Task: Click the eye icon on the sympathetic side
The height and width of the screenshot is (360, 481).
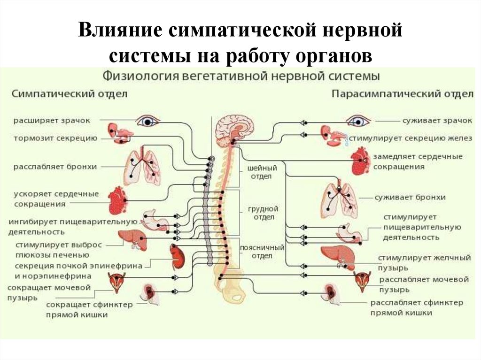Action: (x=148, y=121)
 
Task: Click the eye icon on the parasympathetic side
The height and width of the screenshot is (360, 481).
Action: (x=358, y=121)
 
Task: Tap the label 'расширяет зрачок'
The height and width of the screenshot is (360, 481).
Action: (x=52, y=120)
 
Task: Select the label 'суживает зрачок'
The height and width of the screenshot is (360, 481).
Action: (x=437, y=121)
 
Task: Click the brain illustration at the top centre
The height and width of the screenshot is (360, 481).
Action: (x=234, y=127)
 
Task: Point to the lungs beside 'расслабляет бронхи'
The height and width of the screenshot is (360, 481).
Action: (x=141, y=167)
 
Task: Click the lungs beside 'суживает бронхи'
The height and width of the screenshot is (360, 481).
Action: (x=339, y=199)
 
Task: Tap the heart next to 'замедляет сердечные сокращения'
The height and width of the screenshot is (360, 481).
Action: (x=361, y=161)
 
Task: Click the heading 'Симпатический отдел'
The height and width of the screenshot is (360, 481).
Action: (x=69, y=93)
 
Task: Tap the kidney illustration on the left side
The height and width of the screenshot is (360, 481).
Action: (x=178, y=258)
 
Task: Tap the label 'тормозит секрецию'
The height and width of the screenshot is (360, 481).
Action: (x=55, y=138)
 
